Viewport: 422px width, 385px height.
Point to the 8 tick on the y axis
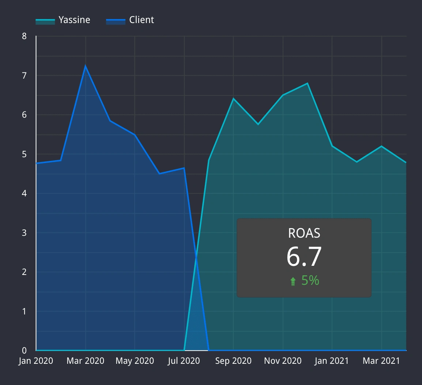(x=24, y=36)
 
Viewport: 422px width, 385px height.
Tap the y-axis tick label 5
(x=24, y=154)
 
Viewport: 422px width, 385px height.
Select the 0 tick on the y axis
(x=24, y=350)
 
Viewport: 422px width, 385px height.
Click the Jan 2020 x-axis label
(x=36, y=361)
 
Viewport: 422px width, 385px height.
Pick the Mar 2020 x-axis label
(x=86, y=361)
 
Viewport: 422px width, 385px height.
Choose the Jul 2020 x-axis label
(x=184, y=361)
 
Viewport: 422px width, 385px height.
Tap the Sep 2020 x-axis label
(x=233, y=361)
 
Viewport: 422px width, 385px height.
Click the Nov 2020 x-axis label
(x=283, y=361)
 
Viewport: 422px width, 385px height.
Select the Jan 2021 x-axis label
(x=332, y=361)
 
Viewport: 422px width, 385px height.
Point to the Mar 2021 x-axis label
(x=381, y=361)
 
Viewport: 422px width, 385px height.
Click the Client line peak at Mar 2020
(x=86, y=66)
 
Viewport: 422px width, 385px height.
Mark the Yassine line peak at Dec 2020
(x=308, y=83)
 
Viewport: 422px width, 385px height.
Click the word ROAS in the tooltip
(x=304, y=233)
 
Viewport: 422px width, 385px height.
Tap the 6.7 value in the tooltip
(x=304, y=256)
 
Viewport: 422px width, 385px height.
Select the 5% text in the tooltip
(x=310, y=280)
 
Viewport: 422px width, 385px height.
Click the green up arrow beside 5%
(x=293, y=281)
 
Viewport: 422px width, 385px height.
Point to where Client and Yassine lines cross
(x=196, y=256)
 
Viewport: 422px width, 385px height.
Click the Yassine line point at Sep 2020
(x=233, y=99)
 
